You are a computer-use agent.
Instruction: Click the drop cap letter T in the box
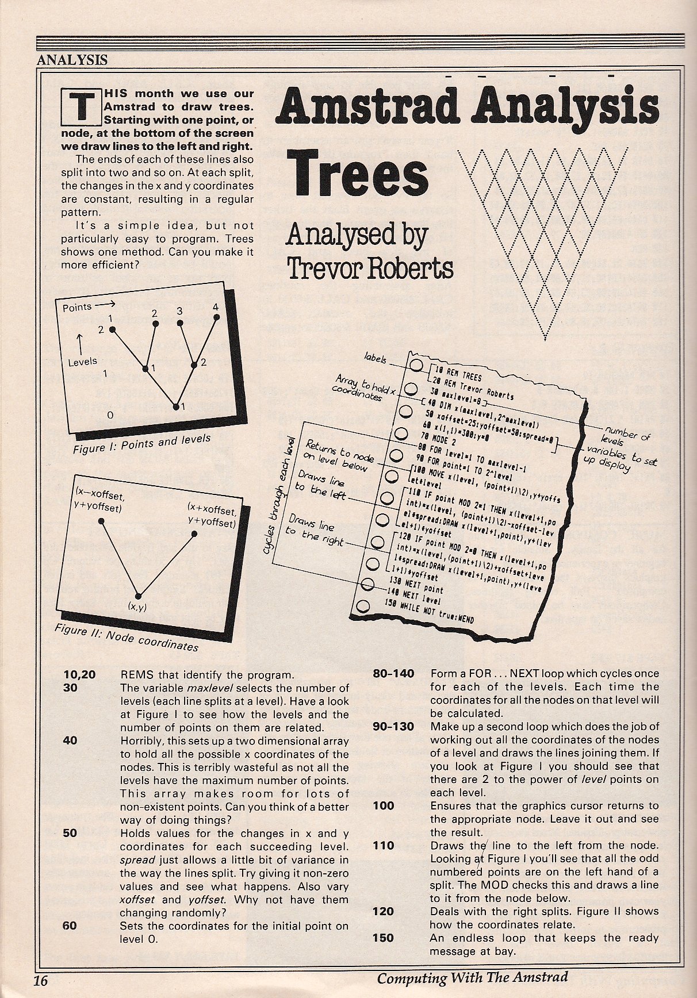82,108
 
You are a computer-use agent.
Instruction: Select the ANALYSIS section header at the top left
72,59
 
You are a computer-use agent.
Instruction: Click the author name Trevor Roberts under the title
370,266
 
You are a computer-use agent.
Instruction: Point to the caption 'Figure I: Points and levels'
142,443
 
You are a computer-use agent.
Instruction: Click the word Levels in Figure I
82,362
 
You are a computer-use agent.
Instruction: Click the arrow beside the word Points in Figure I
104,305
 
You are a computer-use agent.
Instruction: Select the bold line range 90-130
393,727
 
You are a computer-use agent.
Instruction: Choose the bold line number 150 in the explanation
383,938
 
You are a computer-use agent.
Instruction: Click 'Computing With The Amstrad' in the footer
472,977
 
